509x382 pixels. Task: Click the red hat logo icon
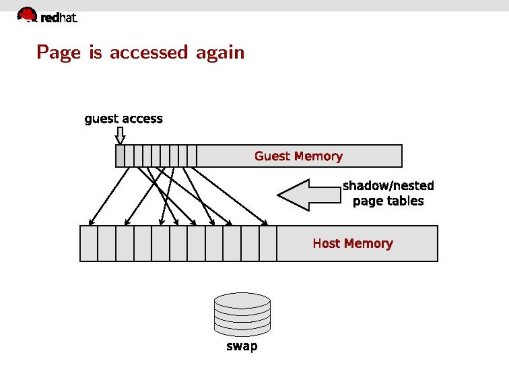27,15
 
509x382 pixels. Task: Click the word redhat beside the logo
59,18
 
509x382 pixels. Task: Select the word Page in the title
58,53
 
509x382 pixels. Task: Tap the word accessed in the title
148,53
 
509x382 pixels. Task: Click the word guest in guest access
101,119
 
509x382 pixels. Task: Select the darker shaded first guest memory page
120,156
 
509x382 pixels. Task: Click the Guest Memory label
298,156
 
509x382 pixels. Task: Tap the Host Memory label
353,243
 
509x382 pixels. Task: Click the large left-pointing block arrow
309,195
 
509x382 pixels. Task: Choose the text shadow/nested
388,186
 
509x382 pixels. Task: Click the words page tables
388,201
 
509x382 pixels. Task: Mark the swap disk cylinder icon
242,314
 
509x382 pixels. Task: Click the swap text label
242,346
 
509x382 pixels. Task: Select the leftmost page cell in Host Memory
89,243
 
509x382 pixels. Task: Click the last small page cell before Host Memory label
268,243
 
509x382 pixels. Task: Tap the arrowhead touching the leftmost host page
90,223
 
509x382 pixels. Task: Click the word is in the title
95,53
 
